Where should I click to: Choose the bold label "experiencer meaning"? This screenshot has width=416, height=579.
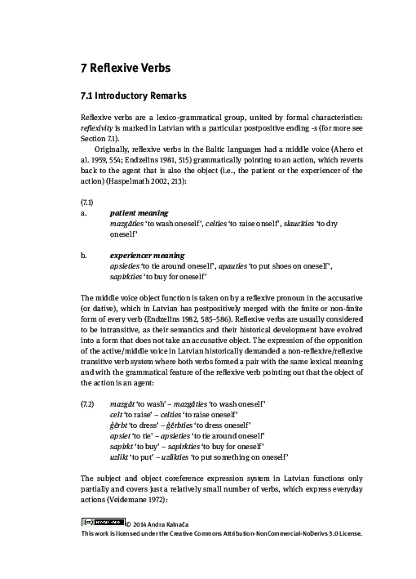pyautogui.click(x=146, y=255)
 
